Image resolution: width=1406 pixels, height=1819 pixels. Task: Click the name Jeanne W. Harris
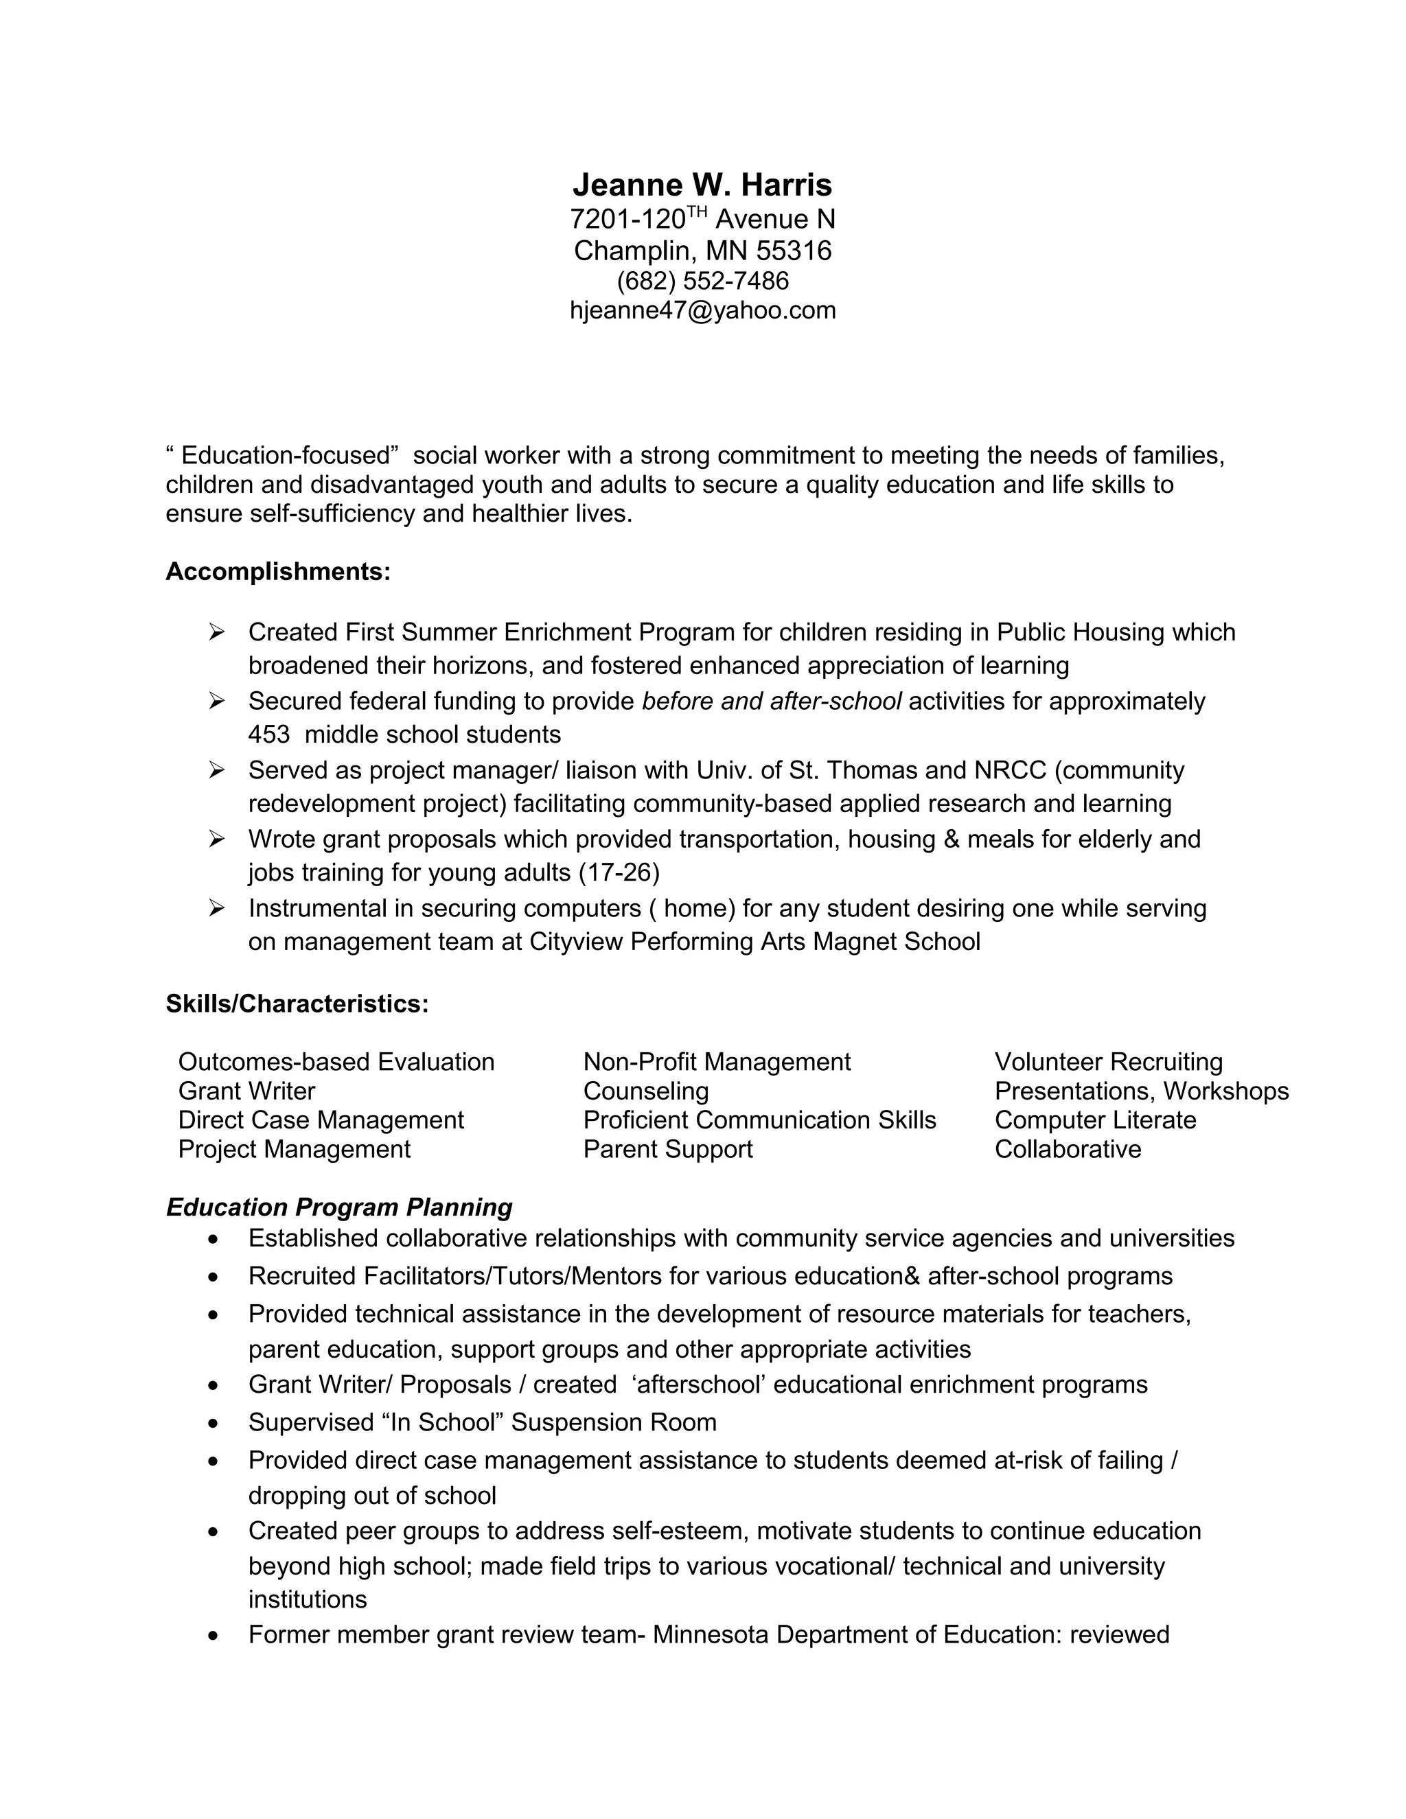click(702, 185)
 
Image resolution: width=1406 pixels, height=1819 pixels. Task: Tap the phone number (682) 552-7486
click(702, 281)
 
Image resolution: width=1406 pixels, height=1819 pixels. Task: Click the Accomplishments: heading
click(278, 572)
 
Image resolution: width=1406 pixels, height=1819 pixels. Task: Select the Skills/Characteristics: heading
click(297, 1004)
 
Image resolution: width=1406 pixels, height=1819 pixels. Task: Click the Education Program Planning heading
click(339, 1207)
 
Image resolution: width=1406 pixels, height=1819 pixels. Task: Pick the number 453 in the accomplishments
click(268, 734)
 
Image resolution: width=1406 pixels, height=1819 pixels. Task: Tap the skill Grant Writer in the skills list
click(246, 1091)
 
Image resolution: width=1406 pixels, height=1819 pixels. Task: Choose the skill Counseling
click(645, 1091)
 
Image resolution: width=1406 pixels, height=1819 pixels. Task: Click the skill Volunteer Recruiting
click(1108, 1062)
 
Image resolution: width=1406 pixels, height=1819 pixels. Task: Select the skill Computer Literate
click(1094, 1120)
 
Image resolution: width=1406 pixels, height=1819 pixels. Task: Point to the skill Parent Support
click(667, 1149)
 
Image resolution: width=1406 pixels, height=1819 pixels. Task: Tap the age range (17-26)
click(618, 873)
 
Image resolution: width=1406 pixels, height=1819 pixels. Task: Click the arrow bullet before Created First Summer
click(216, 633)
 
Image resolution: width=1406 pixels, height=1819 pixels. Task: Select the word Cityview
click(575, 942)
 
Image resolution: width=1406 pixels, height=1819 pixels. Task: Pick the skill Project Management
click(294, 1149)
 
